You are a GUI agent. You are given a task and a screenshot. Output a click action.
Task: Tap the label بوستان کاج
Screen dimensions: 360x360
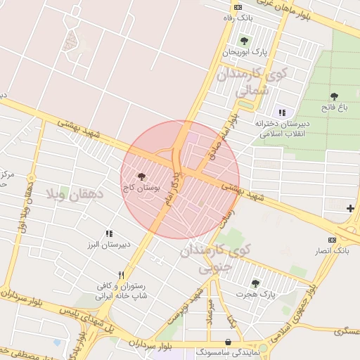pyautogui.click(x=141, y=188)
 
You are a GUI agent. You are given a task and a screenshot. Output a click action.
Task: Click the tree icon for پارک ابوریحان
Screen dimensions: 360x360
pyautogui.click(x=244, y=41)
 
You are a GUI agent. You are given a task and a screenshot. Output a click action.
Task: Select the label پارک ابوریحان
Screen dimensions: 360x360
pyautogui.click(x=246, y=52)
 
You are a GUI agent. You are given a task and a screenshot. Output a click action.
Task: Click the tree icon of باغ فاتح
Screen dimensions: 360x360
pyautogui.click(x=333, y=96)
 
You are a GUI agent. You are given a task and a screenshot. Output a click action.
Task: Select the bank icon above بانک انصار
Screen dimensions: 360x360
pyautogui.click(x=333, y=240)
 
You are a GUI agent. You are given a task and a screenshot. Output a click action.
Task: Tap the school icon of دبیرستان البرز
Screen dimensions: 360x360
pyautogui.click(x=109, y=233)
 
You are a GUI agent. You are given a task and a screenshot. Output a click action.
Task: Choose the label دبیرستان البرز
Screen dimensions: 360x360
pyautogui.click(x=106, y=245)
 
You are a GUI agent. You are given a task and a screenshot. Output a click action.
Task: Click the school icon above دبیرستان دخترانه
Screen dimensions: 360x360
pyautogui.click(x=283, y=112)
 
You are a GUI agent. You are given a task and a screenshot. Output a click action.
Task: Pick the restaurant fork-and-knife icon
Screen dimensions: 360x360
pyautogui.click(x=121, y=275)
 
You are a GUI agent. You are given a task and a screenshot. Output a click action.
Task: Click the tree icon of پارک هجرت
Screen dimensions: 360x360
pyautogui.click(x=255, y=283)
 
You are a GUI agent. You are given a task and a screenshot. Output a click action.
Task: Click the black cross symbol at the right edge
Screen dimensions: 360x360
pyautogui.click(x=350, y=208)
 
